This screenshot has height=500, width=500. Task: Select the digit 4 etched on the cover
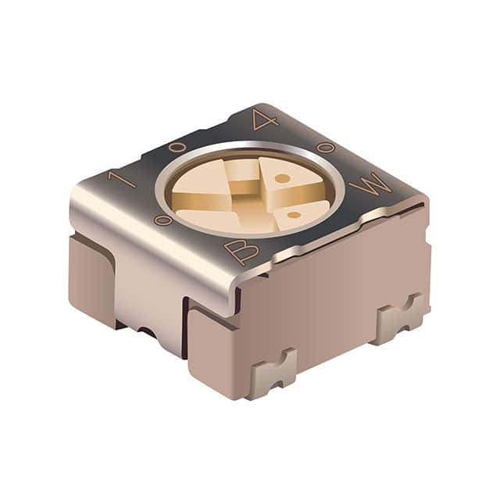tap(264, 120)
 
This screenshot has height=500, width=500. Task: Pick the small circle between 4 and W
tap(327, 147)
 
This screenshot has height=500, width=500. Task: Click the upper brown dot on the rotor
tap(284, 178)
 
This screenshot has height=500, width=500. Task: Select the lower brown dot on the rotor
tap(293, 214)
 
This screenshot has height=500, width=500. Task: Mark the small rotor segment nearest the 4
tap(244, 166)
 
